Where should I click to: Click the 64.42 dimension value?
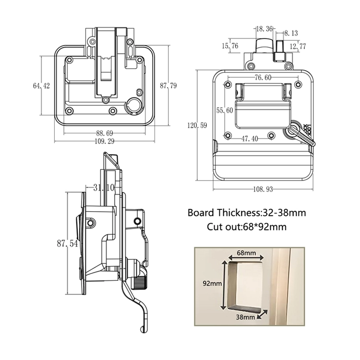(x=42, y=86)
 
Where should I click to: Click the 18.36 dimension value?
(x=264, y=29)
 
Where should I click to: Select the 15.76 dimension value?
(x=230, y=46)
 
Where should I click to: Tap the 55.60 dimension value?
(x=225, y=110)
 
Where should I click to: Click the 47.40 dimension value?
(x=250, y=139)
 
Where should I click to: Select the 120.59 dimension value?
(x=197, y=126)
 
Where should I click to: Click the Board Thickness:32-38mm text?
(x=247, y=212)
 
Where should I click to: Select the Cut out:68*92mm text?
(x=247, y=226)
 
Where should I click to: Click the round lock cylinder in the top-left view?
(x=133, y=104)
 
